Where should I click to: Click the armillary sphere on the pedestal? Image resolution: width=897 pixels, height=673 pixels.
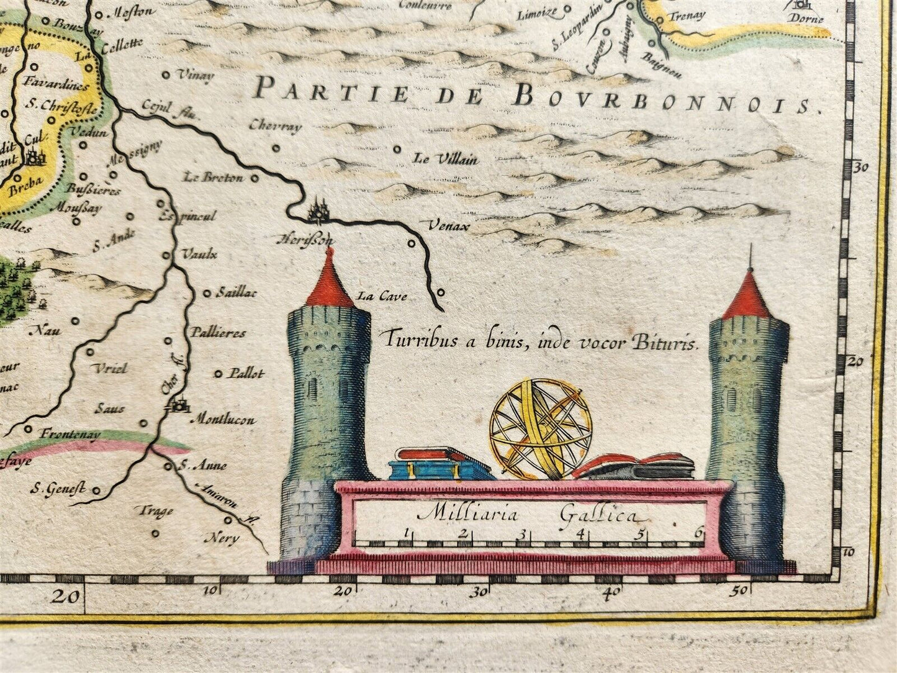click(x=540, y=428)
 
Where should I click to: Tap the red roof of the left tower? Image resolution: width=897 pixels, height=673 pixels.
click(x=330, y=286)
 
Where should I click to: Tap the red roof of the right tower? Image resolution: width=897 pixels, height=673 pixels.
click(x=749, y=299)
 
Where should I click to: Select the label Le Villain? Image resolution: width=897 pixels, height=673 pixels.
click(x=446, y=159)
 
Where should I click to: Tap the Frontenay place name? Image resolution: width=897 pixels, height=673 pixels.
click(x=70, y=434)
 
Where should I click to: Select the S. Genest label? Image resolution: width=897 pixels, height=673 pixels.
click(x=57, y=490)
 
